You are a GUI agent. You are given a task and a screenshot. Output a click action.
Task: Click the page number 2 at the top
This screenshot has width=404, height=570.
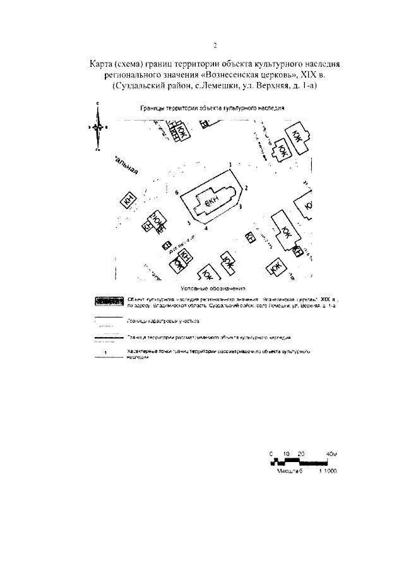point(215,45)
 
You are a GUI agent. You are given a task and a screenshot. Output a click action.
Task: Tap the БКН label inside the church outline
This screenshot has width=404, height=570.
point(211,200)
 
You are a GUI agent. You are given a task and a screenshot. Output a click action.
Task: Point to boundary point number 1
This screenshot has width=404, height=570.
point(230,165)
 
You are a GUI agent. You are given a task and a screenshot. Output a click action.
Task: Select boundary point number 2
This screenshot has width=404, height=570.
point(246,187)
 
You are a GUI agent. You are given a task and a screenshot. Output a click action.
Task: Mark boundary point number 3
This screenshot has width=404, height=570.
point(241,206)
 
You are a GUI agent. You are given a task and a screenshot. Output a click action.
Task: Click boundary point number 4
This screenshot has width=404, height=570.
point(205,227)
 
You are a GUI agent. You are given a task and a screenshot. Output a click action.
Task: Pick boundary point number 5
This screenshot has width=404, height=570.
point(189,223)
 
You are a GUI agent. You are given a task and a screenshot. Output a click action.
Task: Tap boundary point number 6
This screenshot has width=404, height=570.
point(177,191)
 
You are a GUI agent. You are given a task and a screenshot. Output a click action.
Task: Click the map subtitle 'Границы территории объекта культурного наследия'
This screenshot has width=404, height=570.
point(212,108)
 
